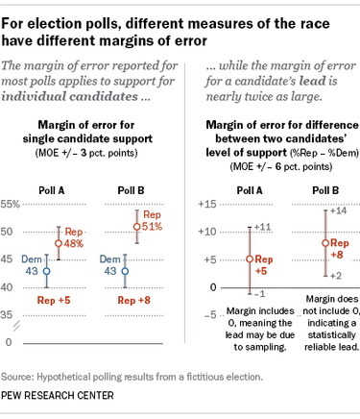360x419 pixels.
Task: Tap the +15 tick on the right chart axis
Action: point(204,204)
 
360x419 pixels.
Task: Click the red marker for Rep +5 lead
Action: point(250,259)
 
